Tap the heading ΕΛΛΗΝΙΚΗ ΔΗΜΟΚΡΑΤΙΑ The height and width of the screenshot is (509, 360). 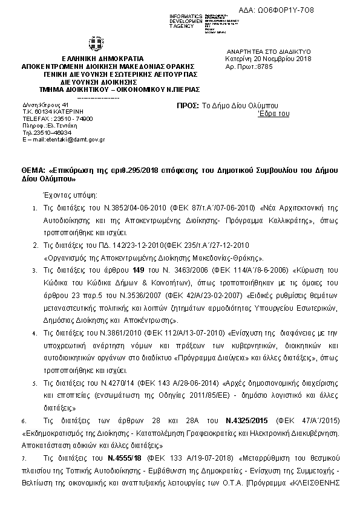94,58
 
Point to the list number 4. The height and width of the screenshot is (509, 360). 34,333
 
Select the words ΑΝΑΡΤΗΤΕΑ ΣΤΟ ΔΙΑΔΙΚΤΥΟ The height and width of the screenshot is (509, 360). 267,53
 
